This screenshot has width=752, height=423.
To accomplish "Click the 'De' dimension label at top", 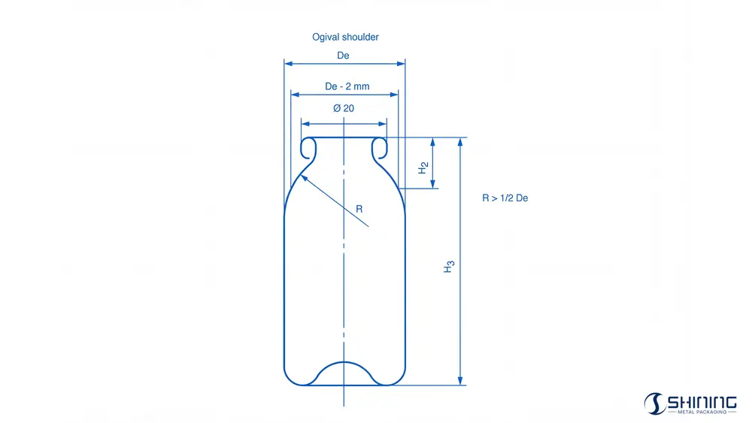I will click(x=343, y=56).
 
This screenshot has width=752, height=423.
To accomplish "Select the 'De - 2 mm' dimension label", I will click(x=347, y=86).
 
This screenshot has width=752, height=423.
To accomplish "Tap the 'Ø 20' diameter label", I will click(x=343, y=108).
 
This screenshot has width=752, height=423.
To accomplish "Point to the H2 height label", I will click(x=423, y=168).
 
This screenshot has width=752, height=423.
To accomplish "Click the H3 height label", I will click(x=449, y=266).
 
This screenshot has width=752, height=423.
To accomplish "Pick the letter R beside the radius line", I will click(x=359, y=209).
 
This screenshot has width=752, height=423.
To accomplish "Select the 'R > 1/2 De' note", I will click(x=505, y=198).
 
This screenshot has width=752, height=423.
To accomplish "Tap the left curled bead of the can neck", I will click(x=308, y=148).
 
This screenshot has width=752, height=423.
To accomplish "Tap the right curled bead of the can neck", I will click(x=380, y=148).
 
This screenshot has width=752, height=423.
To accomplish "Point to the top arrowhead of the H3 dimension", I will click(x=460, y=141).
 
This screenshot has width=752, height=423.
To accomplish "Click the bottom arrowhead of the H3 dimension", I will click(x=460, y=381).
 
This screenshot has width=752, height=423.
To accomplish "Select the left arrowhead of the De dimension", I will click(x=288, y=64).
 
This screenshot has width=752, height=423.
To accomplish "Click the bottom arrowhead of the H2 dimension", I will click(x=432, y=185).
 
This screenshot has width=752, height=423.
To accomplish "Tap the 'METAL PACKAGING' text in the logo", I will click(x=702, y=412).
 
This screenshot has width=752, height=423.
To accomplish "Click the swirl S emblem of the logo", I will click(x=653, y=403).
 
